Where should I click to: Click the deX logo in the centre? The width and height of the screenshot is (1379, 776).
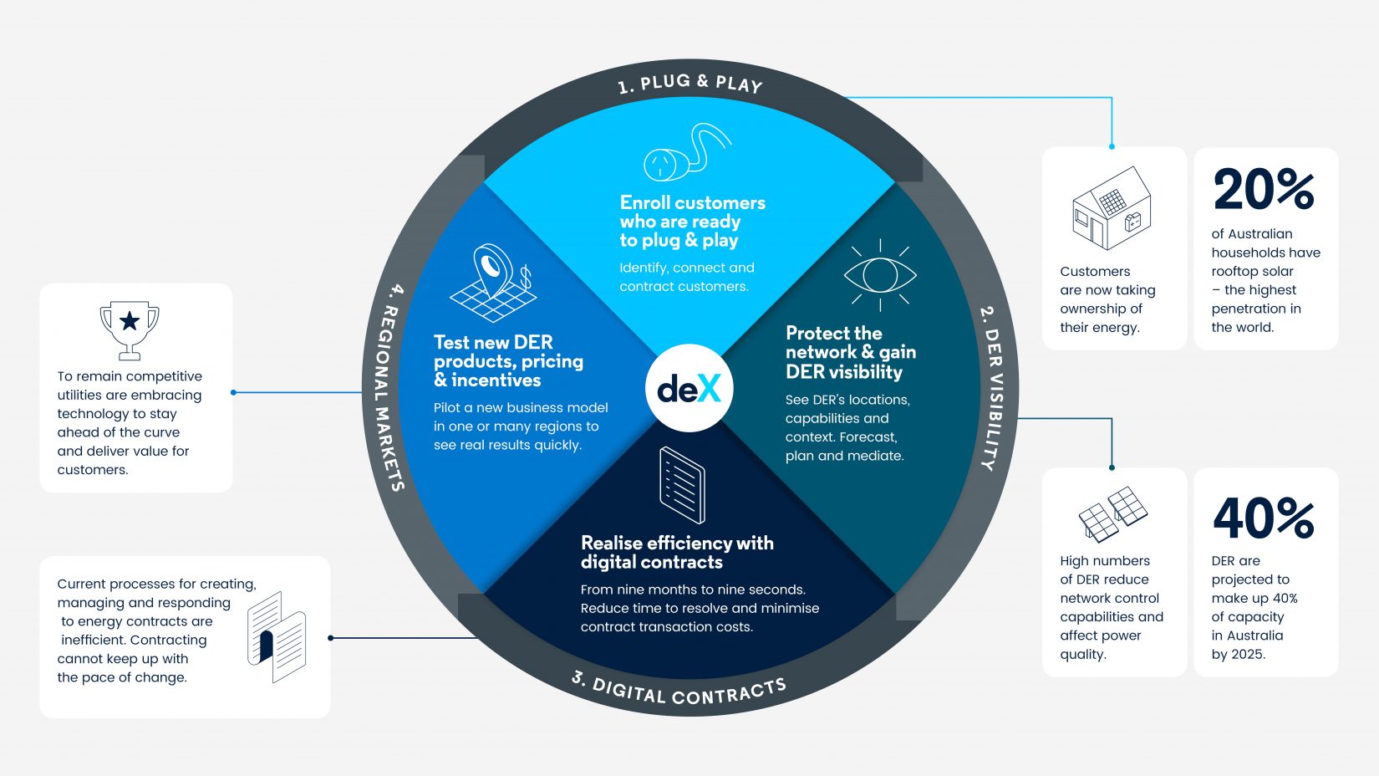[689, 388]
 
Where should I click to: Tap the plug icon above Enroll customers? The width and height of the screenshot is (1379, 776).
[685, 153]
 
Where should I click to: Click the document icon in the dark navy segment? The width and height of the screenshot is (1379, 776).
[682, 485]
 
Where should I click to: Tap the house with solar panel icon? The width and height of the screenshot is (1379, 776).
[1112, 208]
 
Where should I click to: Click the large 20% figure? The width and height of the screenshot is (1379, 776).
[1264, 190]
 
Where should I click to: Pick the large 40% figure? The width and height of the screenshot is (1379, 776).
[1264, 518]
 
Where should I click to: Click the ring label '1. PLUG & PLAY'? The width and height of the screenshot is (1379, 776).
[689, 83]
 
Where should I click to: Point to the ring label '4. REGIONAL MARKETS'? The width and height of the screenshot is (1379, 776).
[386, 388]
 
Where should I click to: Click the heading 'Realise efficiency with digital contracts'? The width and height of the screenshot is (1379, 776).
[676, 552]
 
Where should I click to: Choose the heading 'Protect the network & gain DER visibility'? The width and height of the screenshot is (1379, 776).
[849, 352]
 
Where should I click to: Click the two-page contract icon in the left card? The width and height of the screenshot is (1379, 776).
[277, 637]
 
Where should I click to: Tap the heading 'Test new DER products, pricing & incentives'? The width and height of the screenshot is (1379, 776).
[508, 360]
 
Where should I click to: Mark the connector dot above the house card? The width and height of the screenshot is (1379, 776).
[1112, 146]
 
